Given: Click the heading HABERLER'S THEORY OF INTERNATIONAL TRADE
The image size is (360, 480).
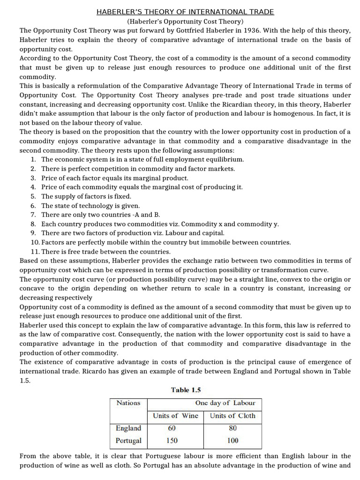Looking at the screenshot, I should [186, 12].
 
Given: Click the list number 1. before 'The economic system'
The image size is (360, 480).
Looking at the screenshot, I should [33, 159].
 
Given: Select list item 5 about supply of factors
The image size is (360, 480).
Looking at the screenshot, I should [86, 196].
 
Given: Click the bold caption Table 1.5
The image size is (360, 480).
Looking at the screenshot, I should [186, 390].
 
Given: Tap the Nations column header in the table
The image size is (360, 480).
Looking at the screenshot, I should [128, 403].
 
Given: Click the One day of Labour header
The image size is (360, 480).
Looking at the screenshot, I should [225, 403].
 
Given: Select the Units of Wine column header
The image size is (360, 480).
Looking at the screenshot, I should [176, 415].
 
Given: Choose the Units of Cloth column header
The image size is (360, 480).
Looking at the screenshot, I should [232, 415].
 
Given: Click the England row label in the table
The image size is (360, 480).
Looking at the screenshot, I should [128, 428].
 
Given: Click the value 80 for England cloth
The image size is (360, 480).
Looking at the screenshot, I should [232, 428].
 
